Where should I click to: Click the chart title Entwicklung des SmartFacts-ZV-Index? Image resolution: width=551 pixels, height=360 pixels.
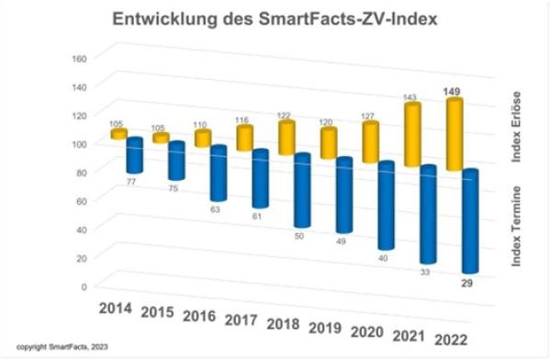pyautogui.click(x=275, y=18)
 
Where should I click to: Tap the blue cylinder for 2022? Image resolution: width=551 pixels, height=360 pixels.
pyautogui.click(x=470, y=221)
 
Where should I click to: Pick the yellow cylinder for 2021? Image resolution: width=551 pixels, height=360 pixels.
pyautogui.click(x=414, y=135)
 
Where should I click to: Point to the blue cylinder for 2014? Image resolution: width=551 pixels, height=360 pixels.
pyautogui.click(x=134, y=154)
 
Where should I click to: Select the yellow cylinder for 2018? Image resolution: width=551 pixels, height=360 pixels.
pyautogui.click(x=287, y=138)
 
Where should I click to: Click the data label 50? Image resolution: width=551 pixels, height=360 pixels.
pyautogui.click(x=300, y=237)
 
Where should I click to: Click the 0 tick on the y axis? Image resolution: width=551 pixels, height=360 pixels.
pyautogui.click(x=84, y=287)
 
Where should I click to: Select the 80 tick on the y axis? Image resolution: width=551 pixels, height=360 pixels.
pyautogui.click(x=80, y=172)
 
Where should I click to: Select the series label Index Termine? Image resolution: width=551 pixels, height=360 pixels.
pyautogui.click(x=517, y=226)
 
